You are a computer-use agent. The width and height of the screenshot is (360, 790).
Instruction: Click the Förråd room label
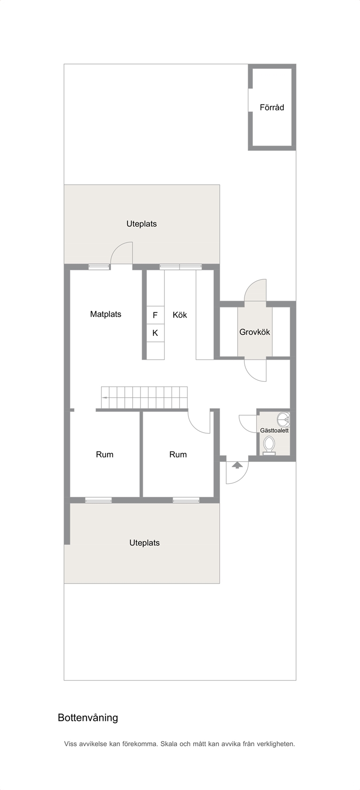[272, 107]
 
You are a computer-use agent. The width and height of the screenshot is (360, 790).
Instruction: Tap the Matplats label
[105, 314]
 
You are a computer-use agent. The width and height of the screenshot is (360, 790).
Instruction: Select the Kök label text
[180, 315]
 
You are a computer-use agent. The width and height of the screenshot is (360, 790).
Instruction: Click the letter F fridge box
[155, 315]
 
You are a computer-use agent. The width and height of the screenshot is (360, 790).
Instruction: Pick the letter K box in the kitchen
[155, 332]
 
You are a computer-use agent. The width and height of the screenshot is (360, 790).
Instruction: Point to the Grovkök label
[255, 332]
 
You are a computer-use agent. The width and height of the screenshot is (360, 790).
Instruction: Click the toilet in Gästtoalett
[269, 445]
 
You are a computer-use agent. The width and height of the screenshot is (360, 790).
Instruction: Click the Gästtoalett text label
[274, 430]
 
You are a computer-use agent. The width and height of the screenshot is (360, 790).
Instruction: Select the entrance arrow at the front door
[237, 465]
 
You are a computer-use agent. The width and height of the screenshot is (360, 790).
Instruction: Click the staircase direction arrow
[105, 397]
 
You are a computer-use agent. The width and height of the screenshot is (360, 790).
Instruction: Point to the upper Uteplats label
[141, 224]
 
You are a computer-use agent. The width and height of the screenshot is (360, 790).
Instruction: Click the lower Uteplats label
[144, 543]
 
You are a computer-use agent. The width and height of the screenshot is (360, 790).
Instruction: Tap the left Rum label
[104, 454]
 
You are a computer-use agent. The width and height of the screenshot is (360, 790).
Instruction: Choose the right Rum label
[178, 454]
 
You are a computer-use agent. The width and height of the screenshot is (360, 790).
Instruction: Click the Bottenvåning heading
[88, 718]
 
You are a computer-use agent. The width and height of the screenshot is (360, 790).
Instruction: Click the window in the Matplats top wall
[99, 267]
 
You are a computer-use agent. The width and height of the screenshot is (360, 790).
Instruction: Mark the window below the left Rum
[98, 500]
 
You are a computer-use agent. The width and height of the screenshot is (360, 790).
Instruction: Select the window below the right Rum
[186, 500]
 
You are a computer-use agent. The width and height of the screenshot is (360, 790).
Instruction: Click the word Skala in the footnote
[169, 744]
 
